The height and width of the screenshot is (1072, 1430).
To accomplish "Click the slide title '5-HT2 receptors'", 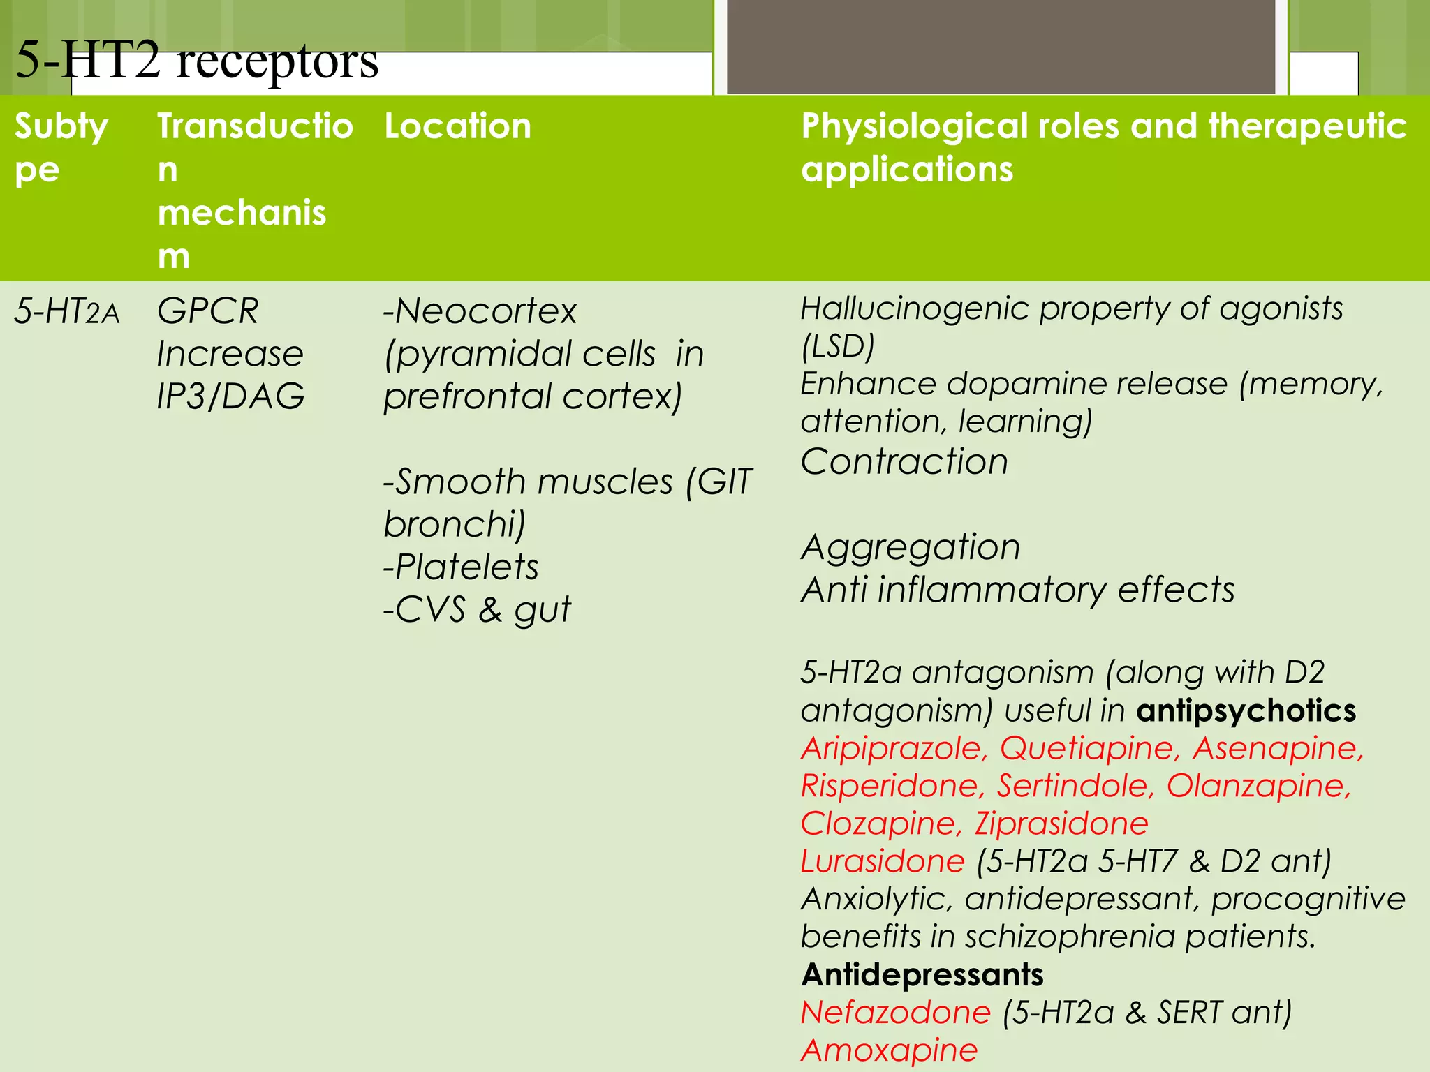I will (197, 60).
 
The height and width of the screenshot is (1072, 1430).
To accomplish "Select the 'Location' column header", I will (457, 126).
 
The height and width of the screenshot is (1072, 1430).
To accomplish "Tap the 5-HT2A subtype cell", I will (67, 311).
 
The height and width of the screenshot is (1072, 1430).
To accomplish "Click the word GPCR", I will (208, 311).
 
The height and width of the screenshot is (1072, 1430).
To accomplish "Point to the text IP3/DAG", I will (230, 396).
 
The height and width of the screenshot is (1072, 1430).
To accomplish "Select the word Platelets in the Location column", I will (466, 567).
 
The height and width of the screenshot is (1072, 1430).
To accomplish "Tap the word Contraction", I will (904, 462).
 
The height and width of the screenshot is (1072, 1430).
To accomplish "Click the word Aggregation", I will (911, 547).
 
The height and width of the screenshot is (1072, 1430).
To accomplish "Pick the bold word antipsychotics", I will (1246, 710).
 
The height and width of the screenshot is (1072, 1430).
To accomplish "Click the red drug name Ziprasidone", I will (1061, 824).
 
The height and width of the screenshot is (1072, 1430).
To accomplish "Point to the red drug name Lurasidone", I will (883, 862).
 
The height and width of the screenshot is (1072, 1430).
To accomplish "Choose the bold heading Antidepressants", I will (922, 975).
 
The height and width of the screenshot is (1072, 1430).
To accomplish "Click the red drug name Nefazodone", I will (895, 1013).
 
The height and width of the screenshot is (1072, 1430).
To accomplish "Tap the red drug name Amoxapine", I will (889, 1050).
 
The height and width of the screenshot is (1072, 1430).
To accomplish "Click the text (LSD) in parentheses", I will (837, 346).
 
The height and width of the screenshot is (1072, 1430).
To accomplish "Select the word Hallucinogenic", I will (915, 308).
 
